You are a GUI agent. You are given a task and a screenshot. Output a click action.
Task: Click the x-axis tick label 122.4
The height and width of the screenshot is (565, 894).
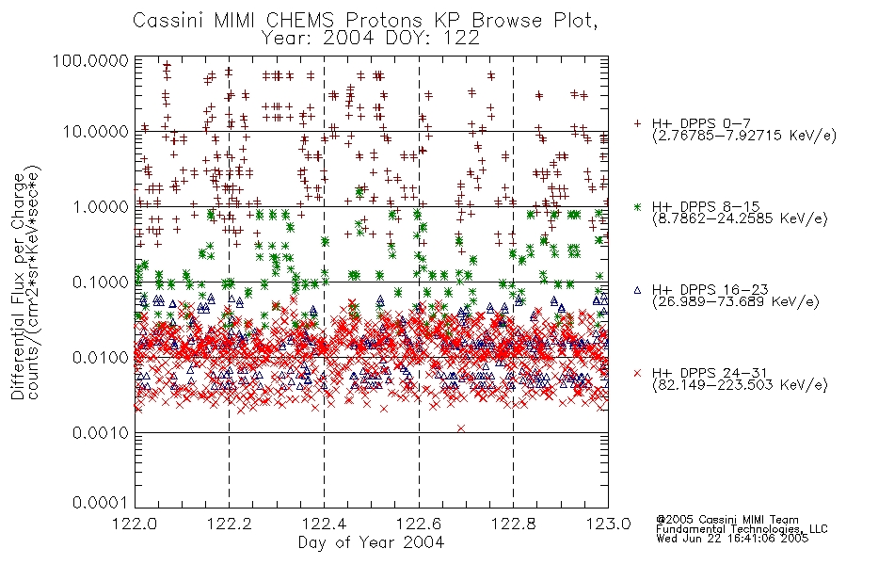324,524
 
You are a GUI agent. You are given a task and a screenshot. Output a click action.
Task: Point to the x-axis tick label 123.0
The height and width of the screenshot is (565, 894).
608,524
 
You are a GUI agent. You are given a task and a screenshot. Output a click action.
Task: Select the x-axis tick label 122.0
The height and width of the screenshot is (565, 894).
135,524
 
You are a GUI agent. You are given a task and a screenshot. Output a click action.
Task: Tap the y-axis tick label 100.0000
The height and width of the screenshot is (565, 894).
91,60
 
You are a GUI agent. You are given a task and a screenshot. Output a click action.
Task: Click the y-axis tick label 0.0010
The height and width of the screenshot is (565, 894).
101,433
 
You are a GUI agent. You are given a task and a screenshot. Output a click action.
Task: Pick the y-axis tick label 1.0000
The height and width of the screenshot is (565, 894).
101,206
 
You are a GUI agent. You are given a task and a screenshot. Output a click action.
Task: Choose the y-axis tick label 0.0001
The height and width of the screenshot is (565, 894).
101,503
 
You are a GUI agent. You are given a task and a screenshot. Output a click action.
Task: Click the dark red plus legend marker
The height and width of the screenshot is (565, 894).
637,123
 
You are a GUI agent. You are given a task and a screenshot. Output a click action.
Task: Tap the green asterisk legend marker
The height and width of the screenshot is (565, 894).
637,206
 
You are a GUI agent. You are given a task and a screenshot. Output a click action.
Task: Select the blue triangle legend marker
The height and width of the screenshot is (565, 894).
637,290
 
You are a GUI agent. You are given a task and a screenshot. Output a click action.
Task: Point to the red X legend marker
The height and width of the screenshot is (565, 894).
637,373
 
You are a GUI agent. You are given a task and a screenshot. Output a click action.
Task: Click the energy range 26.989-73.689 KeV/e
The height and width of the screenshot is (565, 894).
736,302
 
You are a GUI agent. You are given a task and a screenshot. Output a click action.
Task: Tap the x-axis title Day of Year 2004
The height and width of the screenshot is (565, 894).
371,542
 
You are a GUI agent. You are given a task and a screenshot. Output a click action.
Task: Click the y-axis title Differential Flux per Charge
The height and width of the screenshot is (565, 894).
18,286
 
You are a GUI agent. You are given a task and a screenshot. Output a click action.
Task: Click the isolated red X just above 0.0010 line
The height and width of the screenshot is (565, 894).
461,428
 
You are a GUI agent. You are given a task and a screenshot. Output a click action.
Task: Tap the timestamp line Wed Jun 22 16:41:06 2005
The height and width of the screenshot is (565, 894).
732,539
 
